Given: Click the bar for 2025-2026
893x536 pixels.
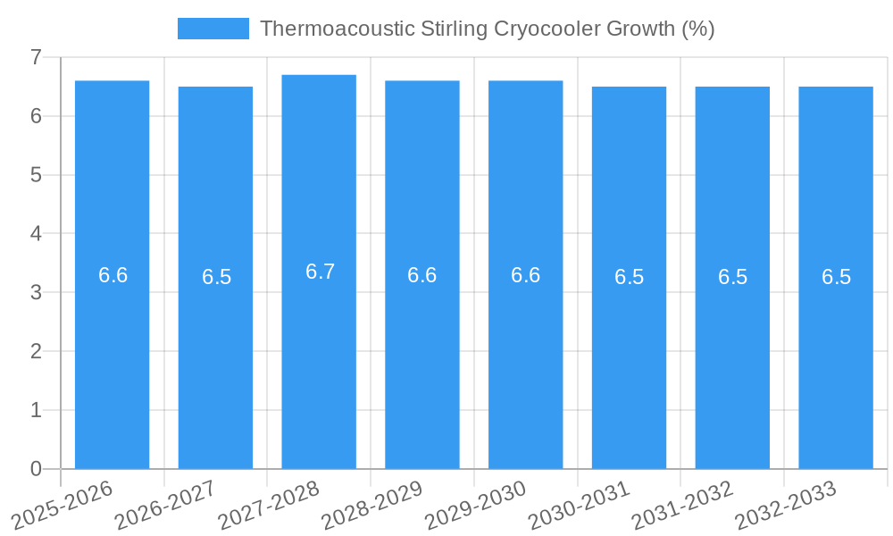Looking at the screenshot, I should point(112,357).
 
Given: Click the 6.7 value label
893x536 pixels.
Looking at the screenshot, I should point(320,272).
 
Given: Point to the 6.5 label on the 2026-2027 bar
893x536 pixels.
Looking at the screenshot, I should point(216,277).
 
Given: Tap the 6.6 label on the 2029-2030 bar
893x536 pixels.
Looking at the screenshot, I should point(525,275).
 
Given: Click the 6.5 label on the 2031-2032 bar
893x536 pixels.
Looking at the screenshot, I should point(732,277).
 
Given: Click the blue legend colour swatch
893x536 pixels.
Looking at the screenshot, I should point(213,29).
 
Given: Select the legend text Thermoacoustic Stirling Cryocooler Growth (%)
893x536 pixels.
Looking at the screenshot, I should point(487,29).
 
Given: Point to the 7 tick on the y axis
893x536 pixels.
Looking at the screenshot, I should point(36,58).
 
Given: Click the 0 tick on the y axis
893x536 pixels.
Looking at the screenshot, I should point(36,469).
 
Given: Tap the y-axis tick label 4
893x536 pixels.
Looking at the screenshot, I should point(36,234).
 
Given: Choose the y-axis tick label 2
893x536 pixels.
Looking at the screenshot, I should point(36,351).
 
